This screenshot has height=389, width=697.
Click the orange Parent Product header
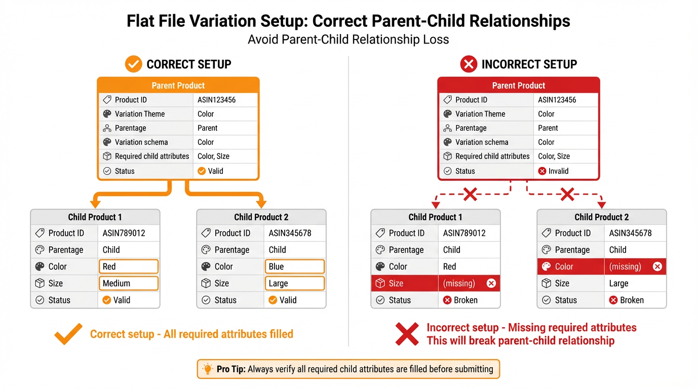tap(178, 85)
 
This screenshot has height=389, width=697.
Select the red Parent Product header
tap(518, 85)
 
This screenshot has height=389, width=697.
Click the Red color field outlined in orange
tap(128, 266)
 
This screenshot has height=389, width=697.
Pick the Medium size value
tap(128, 283)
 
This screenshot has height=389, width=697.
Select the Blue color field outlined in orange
tap(294, 266)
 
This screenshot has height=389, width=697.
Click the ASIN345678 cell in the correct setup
tap(290, 233)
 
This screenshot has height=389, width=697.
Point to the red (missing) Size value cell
tap(469, 283)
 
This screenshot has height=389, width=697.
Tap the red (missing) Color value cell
tap(635, 266)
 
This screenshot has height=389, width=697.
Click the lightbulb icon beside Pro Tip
tap(207, 369)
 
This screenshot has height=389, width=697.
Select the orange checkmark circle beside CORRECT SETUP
tap(133, 64)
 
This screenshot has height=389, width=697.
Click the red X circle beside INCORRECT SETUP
tap(468, 64)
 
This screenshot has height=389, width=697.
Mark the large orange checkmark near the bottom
tap(68, 334)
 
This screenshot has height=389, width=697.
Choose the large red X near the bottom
tap(407, 334)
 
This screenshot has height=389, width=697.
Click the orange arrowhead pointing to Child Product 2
tap(261, 204)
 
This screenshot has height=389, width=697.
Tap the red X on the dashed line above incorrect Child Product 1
tap(470, 194)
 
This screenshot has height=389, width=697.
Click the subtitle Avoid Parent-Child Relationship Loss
tap(348, 40)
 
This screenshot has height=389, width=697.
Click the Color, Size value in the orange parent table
tap(213, 156)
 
